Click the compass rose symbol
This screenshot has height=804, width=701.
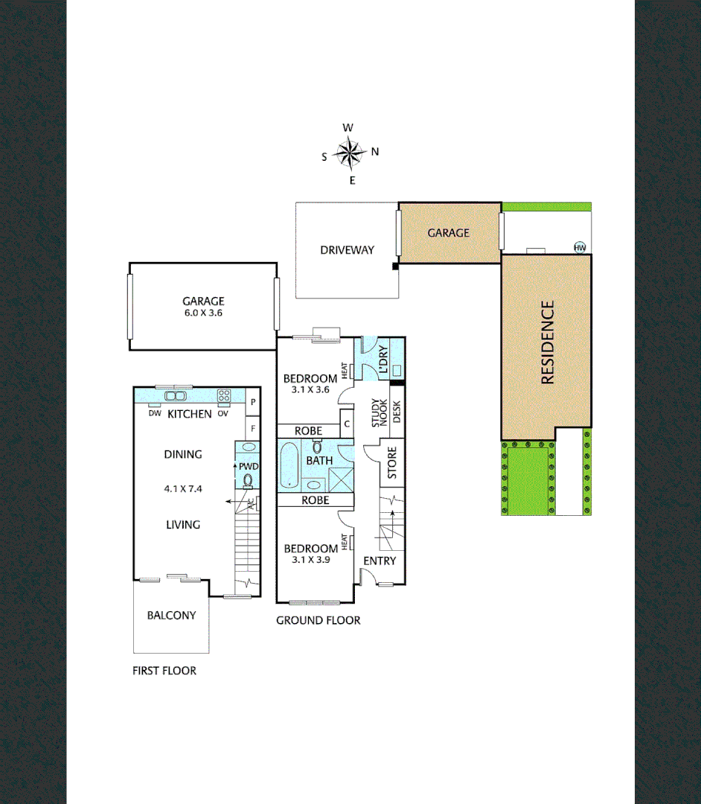(x=348, y=153)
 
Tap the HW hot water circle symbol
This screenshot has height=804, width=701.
(x=580, y=248)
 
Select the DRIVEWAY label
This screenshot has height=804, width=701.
(x=347, y=250)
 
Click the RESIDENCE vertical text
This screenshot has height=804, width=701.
(x=547, y=342)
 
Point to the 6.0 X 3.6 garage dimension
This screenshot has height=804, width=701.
(x=203, y=313)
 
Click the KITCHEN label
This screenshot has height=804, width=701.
(x=189, y=414)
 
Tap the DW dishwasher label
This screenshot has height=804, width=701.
(x=155, y=413)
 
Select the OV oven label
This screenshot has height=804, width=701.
(x=223, y=413)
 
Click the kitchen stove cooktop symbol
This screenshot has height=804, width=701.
(x=223, y=395)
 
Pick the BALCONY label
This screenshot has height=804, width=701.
(x=171, y=616)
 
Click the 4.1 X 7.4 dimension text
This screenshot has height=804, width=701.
(x=183, y=489)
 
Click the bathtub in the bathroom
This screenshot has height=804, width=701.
(x=290, y=465)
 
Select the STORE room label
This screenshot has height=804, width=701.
(x=392, y=462)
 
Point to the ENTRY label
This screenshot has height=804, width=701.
(x=380, y=561)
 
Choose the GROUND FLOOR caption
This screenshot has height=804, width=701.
(x=319, y=620)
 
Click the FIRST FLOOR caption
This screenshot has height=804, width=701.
(x=164, y=671)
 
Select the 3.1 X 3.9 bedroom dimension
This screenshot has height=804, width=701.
(x=310, y=559)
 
